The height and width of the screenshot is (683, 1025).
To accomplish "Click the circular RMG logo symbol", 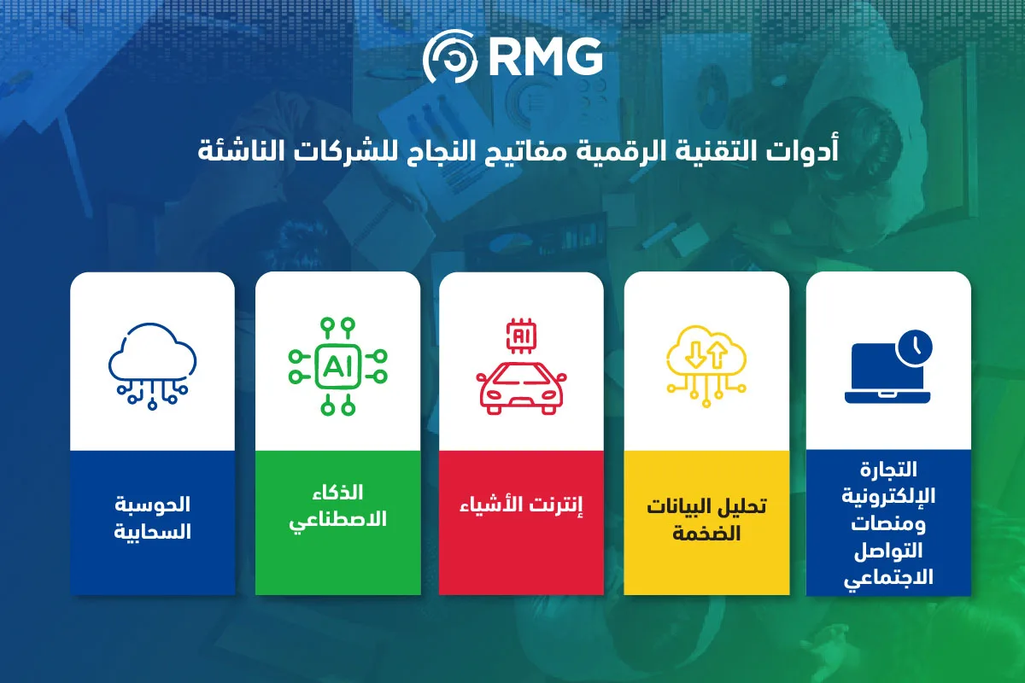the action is tap(450, 56).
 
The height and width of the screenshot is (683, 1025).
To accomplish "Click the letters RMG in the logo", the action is tap(546, 56).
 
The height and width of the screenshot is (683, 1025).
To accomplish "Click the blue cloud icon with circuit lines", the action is tap(152, 366).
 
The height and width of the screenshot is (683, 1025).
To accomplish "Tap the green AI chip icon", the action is tap(337, 366).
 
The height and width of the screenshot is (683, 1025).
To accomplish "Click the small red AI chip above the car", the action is tap(521, 336).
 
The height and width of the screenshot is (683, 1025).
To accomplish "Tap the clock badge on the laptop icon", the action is tap(915, 347).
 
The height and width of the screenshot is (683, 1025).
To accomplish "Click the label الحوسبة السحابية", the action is tap(152, 517).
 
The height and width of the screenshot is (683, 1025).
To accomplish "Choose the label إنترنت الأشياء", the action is tap(521, 506).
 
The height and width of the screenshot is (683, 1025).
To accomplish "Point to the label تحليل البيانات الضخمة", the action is tap(706, 520).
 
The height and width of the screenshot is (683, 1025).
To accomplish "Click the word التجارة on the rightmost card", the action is tap(888, 470).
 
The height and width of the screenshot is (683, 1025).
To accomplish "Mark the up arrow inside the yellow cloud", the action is tap(717, 355).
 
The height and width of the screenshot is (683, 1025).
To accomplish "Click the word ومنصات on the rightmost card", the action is tap(888, 524).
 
